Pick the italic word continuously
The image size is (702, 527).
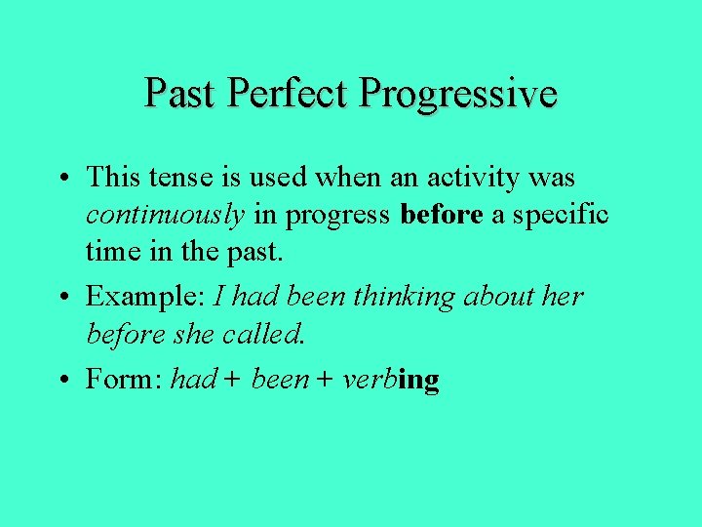pyautogui.click(x=165, y=216)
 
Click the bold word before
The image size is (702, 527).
pyautogui.click(x=442, y=216)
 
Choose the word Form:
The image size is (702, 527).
pyautogui.click(x=124, y=379)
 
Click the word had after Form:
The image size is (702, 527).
pyautogui.click(x=192, y=379)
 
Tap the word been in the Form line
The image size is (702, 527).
pyautogui.click(x=279, y=379)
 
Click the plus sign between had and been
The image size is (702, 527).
pyautogui.click(x=232, y=380)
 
